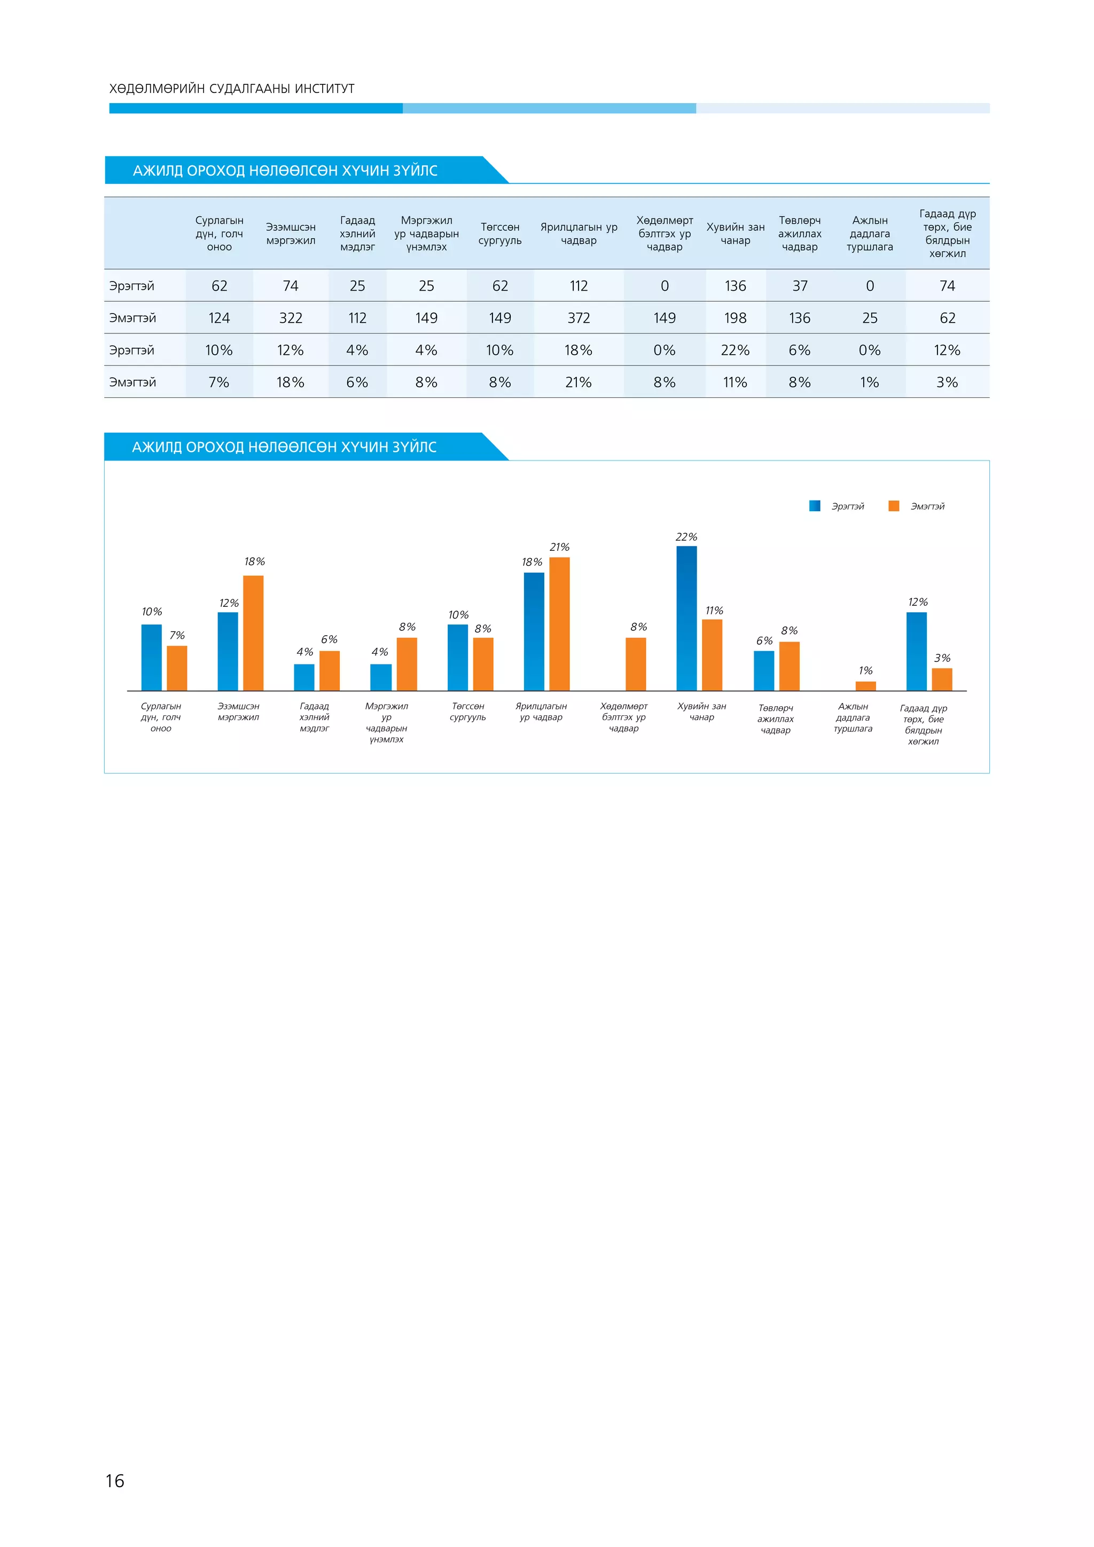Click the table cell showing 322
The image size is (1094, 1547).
coord(291,318)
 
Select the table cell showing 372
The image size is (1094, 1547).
coord(579,318)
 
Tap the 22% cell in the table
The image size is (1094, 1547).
coord(735,350)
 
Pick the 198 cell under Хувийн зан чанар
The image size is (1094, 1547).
coord(735,318)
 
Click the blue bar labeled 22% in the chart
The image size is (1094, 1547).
coord(686,618)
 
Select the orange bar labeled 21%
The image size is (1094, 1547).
coord(559,623)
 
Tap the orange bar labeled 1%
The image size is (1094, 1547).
coord(865,686)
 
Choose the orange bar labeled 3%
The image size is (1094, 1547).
coord(942,679)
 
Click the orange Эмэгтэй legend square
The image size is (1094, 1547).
coord(894,506)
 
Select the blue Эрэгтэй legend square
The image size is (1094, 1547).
coord(815,506)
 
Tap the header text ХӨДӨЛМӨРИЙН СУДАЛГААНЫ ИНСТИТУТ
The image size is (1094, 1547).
coord(232,89)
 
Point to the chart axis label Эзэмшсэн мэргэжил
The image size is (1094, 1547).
coord(238,712)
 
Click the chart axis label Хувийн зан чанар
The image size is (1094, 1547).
coord(701,712)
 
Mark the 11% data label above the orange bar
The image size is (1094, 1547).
coord(714,611)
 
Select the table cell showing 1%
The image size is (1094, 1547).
coord(869,382)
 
